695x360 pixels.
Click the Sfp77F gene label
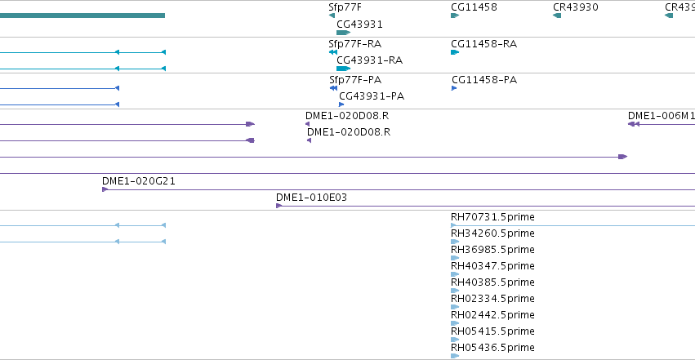click(345, 7)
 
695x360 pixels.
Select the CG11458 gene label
click(474, 7)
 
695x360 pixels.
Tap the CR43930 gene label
click(575, 7)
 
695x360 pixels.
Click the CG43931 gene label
click(359, 24)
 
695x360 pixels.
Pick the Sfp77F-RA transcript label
click(354, 43)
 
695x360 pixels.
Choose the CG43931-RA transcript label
click(369, 60)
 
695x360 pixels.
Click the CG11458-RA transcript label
click(483, 43)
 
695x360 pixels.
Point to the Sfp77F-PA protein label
click(355, 80)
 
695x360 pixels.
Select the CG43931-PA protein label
click(372, 96)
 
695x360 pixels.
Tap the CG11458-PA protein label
click(484, 80)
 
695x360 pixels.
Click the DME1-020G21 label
click(138, 180)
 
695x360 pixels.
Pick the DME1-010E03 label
click(311, 197)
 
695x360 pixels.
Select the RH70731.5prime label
click(492, 216)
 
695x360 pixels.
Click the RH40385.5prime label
click(492, 282)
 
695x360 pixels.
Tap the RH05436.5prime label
click(492, 347)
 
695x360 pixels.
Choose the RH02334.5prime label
click(492, 299)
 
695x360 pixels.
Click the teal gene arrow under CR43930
click(557, 16)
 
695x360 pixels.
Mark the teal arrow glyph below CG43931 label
click(344, 33)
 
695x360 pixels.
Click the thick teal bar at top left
click(82, 16)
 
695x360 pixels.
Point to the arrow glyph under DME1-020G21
click(105, 189)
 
